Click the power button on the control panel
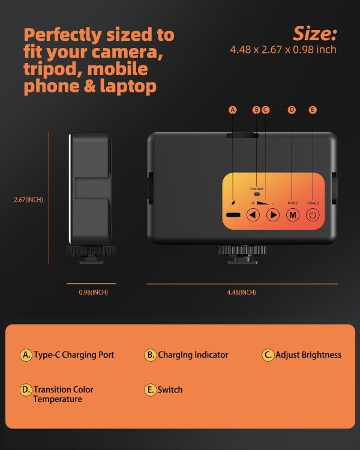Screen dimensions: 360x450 pos(313,215)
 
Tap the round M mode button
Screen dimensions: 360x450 pos(293,215)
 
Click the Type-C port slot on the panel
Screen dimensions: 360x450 pos(233,215)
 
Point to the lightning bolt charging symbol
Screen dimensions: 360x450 pos(233,203)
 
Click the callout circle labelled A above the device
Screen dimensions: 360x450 pos(233,110)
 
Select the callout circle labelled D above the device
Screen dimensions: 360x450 pos(292,110)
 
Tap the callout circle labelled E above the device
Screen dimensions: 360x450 pos(313,110)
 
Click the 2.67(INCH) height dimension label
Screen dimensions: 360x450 pos(28,199)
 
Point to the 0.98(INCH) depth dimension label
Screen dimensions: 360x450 pos(94,292)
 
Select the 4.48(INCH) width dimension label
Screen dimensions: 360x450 pos(241,292)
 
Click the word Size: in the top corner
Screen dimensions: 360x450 pos(314,34)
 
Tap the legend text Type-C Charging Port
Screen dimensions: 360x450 pos(74,355)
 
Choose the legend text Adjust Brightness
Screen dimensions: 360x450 pos(308,355)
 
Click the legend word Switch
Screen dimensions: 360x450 pos(170,390)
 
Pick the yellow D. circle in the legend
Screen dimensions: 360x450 pos(26,390)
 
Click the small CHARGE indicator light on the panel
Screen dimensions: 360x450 pos(257,194)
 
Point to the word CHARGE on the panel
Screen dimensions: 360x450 pos(256,189)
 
